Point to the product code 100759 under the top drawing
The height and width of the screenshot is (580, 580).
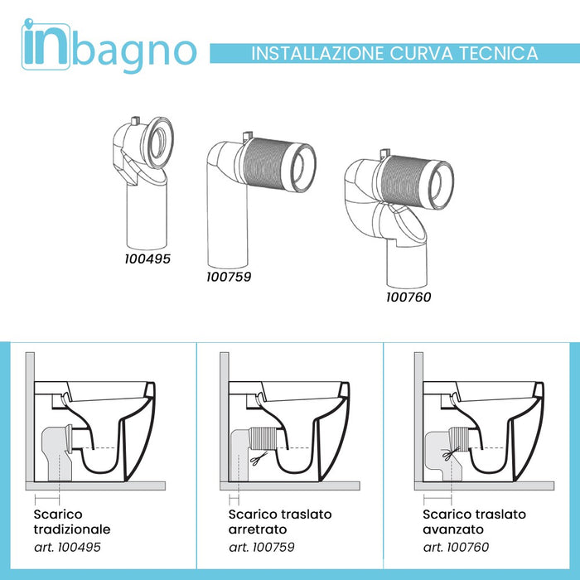(x=229, y=276)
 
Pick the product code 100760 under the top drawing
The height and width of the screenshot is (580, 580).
(x=408, y=296)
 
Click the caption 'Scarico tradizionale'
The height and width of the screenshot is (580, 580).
(x=72, y=522)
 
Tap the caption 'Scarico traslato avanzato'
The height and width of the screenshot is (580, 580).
(x=469, y=522)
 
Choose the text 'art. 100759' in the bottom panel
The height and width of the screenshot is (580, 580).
(x=262, y=547)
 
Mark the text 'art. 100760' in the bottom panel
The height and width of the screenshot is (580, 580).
(x=457, y=547)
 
